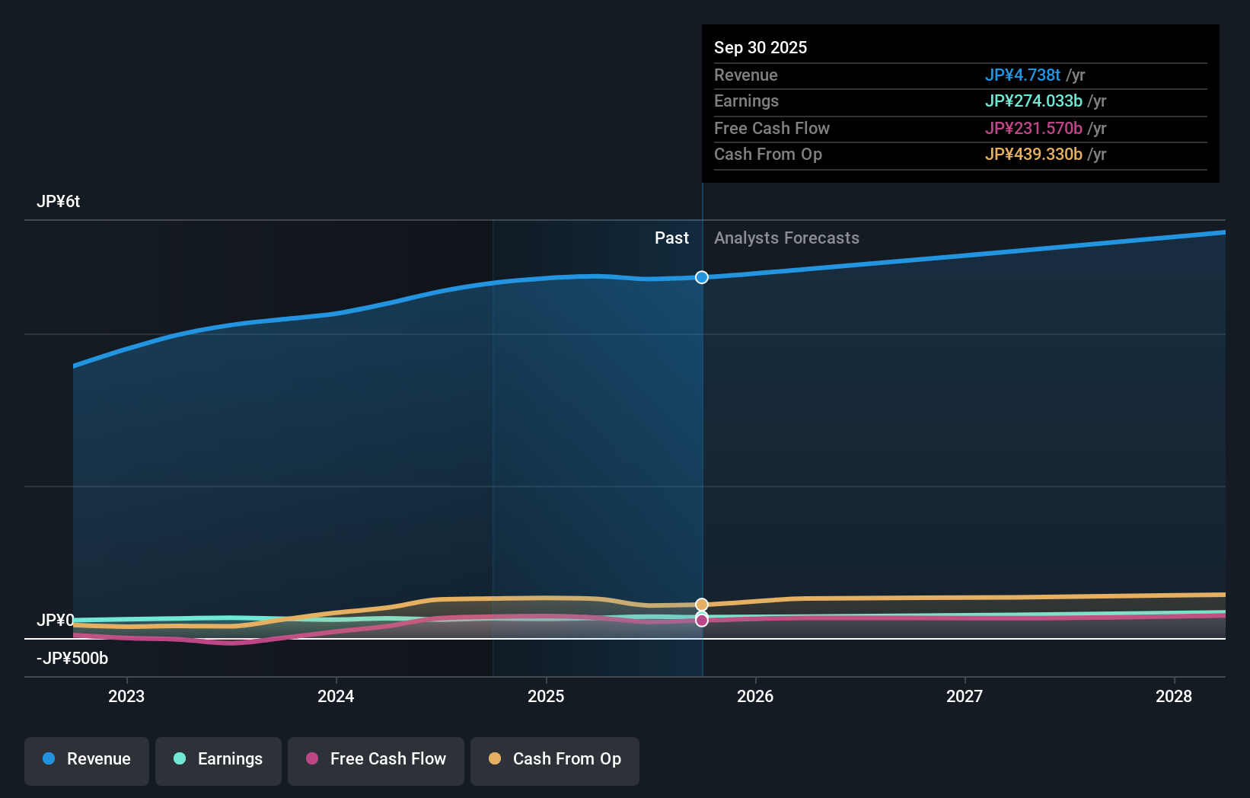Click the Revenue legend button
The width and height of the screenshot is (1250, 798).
(87, 759)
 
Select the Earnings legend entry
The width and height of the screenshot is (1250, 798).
(218, 759)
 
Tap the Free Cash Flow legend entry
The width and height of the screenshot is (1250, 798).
(376, 759)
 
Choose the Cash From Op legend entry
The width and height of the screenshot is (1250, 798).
(555, 759)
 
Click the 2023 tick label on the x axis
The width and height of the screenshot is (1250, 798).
(126, 696)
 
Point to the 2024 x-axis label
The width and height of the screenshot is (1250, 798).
(336, 696)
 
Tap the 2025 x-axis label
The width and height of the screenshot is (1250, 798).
(546, 696)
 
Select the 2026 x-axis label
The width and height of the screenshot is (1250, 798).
(755, 696)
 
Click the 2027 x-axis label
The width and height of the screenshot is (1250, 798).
(965, 696)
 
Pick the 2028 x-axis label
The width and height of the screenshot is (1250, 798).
(1174, 696)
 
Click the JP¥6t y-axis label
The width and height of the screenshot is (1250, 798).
(59, 202)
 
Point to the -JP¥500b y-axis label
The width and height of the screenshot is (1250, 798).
(72, 658)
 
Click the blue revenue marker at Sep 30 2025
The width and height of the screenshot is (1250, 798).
(702, 277)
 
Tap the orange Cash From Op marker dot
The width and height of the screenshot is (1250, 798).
(702, 605)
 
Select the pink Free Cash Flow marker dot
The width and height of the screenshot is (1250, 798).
(702, 621)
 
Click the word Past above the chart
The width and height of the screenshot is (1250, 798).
(671, 238)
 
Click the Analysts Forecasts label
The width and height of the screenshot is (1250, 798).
(786, 238)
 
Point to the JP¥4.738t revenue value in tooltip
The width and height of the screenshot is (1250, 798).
(1022, 75)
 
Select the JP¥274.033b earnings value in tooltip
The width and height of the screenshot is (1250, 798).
(1033, 101)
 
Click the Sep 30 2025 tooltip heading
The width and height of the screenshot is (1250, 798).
(761, 48)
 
